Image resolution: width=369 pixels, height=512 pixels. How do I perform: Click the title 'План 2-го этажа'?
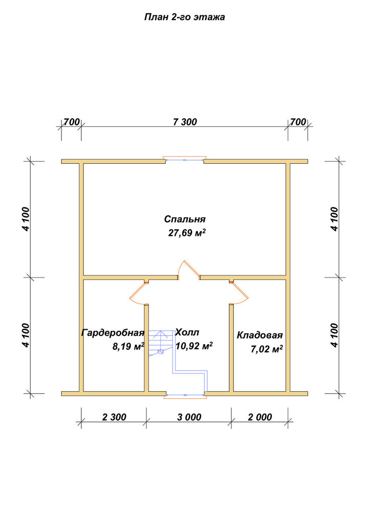pyautogui.click(x=184, y=17)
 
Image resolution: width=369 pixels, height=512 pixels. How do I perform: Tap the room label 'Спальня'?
pyautogui.click(x=185, y=219)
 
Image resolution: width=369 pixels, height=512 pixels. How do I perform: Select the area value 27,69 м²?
pyautogui.click(x=187, y=233)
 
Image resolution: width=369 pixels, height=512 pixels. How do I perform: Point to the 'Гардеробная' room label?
pyautogui.click(x=113, y=333)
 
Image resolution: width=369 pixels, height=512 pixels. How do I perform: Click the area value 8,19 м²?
pyautogui.click(x=128, y=347)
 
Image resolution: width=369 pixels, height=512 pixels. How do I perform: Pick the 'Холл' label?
pyautogui.click(x=187, y=333)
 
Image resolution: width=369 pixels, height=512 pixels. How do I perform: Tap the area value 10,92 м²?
pyautogui.click(x=194, y=346)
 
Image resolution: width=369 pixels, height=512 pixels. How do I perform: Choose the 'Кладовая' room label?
pyautogui.click(x=259, y=335)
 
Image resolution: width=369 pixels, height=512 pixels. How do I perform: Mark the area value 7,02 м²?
pyautogui.click(x=267, y=349)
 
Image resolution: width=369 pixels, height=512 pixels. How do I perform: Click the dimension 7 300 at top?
pyautogui.click(x=185, y=122)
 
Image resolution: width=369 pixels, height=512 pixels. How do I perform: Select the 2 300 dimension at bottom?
pyautogui.click(x=114, y=417)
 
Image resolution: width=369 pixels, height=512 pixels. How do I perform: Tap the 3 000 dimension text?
pyautogui.click(x=189, y=417)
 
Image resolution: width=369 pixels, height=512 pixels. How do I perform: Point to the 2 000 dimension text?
pyautogui.click(x=259, y=417)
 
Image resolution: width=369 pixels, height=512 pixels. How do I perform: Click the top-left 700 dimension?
pyautogui.click(x=72, y=122)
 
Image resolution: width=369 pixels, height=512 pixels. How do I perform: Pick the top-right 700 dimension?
pyautogui.click(x=298, y=122)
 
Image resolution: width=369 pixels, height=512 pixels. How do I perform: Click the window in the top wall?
pyautogui.click(x=185, y=160)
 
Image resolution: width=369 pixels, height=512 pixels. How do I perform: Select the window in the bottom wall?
pyautogui.click(x=185, y=395)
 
